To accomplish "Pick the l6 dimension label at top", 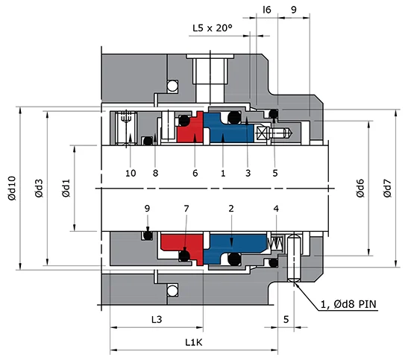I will point(267,10).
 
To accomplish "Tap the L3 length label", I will point(157,319).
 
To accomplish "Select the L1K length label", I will point(194,341).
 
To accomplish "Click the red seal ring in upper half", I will point(189,130).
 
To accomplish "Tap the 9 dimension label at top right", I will point(292,10).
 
